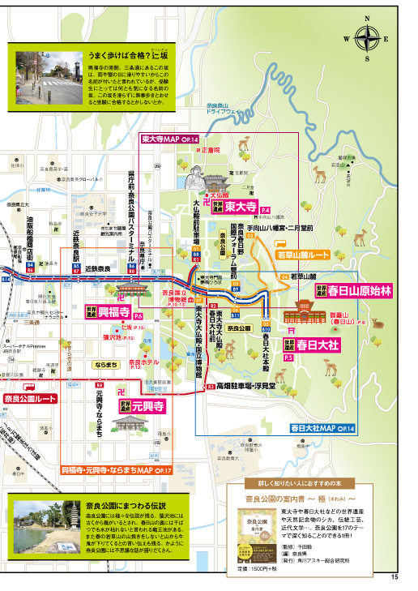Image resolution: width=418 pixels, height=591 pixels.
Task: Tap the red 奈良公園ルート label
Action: tap(30, 399)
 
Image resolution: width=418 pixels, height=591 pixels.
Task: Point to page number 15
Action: tap(395, 577)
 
